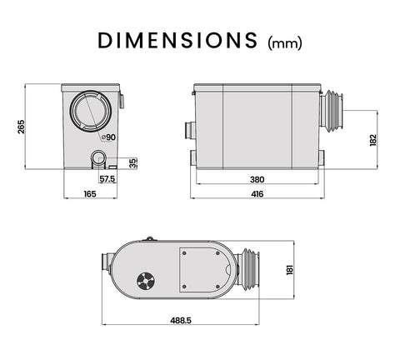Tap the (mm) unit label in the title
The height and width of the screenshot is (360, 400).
(x=284, y=42)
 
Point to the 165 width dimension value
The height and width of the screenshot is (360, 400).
(x=89, y=194)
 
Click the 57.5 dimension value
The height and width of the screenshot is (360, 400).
(x=107, y=178)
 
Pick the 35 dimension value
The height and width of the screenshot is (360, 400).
(x=133, y=162)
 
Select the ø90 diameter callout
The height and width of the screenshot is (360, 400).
(x=108, y=137)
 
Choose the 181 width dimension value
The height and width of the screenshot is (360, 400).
(x=290, y=272)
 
